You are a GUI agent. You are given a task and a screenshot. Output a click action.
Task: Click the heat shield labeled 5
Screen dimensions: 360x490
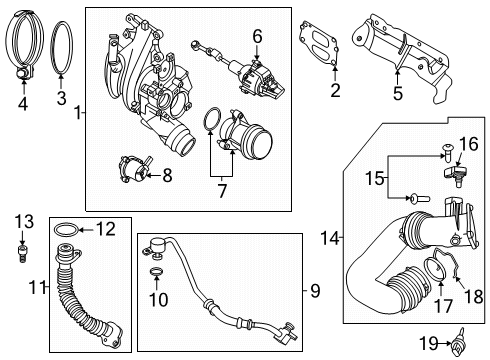410,46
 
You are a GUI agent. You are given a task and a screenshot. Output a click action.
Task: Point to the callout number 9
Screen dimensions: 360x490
313,291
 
